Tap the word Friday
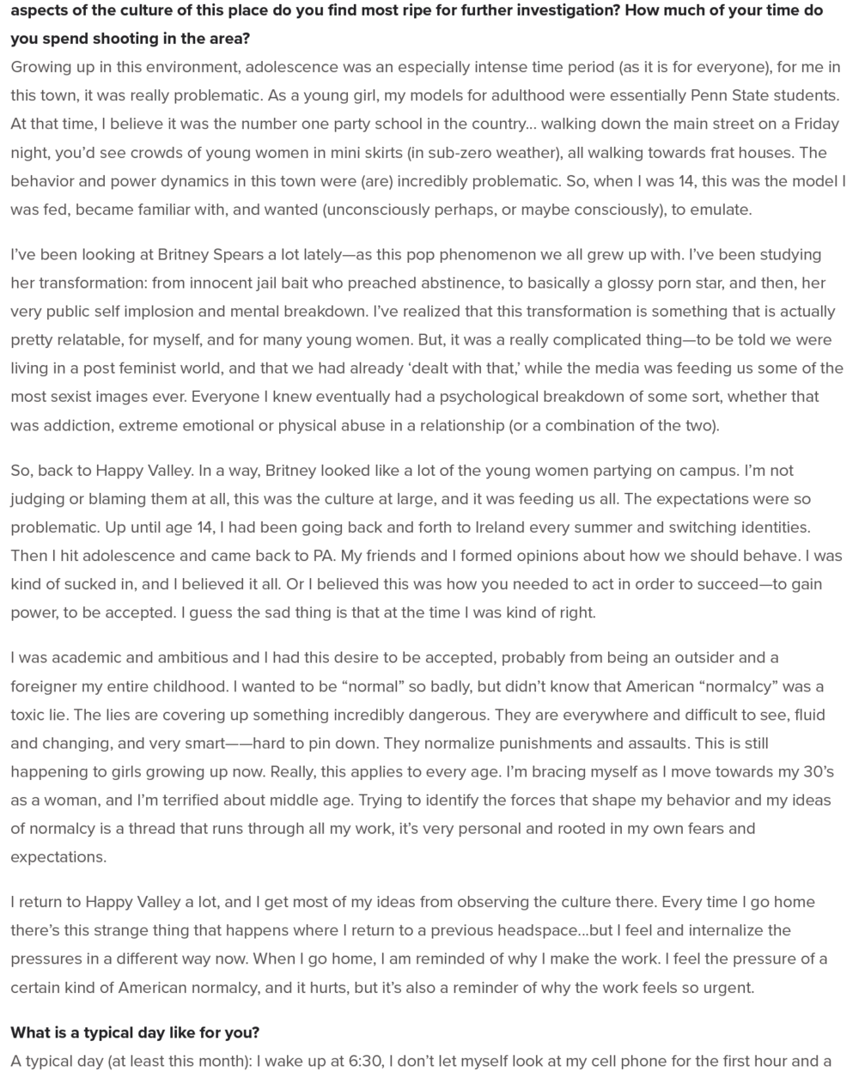pyautogui.click(x=814, y=123)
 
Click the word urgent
pyautogui.click(x=725, y=987)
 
